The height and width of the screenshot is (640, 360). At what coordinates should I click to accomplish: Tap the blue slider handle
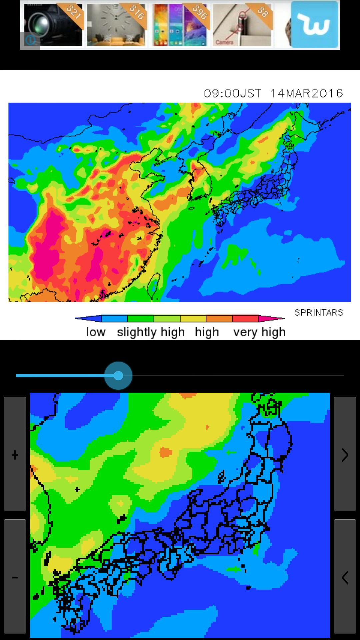118,376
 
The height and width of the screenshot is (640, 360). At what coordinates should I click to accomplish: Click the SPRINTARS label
319,313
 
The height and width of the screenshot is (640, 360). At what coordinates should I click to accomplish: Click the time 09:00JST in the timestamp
233,93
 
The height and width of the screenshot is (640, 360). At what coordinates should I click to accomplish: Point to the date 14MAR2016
306,93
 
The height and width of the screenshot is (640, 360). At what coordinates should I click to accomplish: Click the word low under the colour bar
96,332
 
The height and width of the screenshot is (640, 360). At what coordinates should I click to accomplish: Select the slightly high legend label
151,332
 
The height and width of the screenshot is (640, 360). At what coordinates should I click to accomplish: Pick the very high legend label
259,332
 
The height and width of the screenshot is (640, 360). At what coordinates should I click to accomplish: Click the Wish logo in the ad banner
315,25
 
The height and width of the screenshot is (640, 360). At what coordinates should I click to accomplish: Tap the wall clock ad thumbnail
116,25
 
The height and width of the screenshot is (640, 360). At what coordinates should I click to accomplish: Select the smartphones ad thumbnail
180,25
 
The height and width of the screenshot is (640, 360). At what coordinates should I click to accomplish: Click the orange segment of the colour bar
219,319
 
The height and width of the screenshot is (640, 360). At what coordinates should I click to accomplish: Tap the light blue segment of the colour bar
114,319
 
